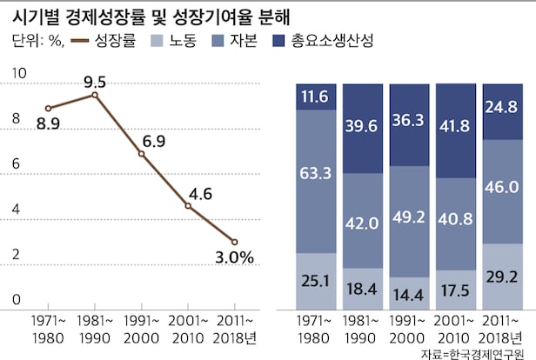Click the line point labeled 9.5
pos(95,94)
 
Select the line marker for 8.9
pos(48,108)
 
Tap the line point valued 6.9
pos(142,154)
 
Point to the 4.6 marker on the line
pos(188,205)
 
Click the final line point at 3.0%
pos(235,242)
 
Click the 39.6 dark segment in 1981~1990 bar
pos(363,128)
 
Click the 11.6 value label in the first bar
pos(316,97)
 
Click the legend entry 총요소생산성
pos(334,42)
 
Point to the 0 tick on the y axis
pos(17,299)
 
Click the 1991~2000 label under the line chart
pos(142,328)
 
